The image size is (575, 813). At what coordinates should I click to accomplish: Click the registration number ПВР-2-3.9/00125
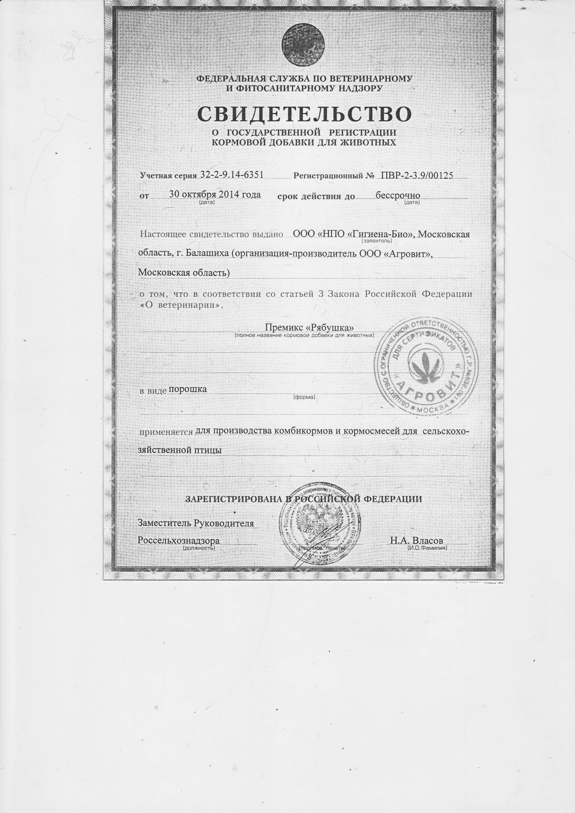tap(417, 175)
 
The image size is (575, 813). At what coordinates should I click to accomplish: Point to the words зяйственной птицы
tap(180, 450)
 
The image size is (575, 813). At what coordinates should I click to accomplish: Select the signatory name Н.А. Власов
tap(416, 541)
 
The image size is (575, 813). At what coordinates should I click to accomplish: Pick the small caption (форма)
tap(304, 397)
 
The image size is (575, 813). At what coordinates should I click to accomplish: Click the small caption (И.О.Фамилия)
tap(427, 547)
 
